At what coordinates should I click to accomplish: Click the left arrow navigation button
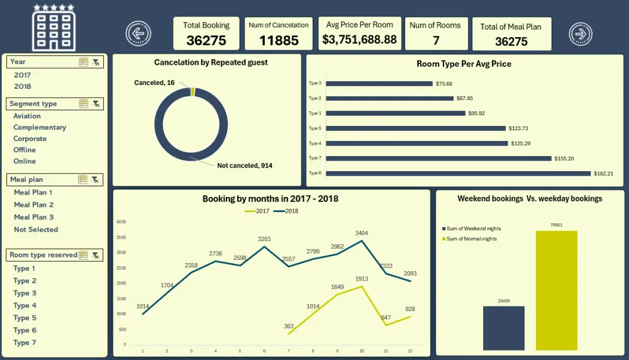pyautogui.click(x=138, y=33)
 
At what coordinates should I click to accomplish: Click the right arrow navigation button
pyautogui.click(x=581, y=33)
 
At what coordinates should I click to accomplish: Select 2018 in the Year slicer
pyautogui.click(x=23, y=86)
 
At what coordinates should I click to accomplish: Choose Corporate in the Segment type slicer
pyautogui.click(x=30, y=138)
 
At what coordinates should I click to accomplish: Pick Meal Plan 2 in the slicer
pyautogui.click(x=34, y=205)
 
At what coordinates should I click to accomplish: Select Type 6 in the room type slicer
pyautogui.click(x=25, y=330)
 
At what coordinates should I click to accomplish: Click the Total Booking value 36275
pyautogui.click(x=206, y=41)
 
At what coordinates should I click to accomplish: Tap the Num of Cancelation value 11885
pyautogui.click(x=278, y=41)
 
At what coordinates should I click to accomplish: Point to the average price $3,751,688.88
pyautogui.click(x=359, y=40)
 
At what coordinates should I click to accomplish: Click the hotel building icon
pyautogui.click(x=53, y=28)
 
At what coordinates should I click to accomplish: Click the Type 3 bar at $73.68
pyautogui.click(x=379, y=83)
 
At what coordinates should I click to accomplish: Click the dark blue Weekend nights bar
pyautogui.click(x=503, y=327)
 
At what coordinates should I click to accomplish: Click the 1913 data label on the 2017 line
pyautogui.click(x=361, y=279)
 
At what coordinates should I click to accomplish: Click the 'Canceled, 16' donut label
pyautogui.click(x=155, y=82)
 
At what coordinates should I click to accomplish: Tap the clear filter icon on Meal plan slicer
pyautogui.click(x=96, y=179)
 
